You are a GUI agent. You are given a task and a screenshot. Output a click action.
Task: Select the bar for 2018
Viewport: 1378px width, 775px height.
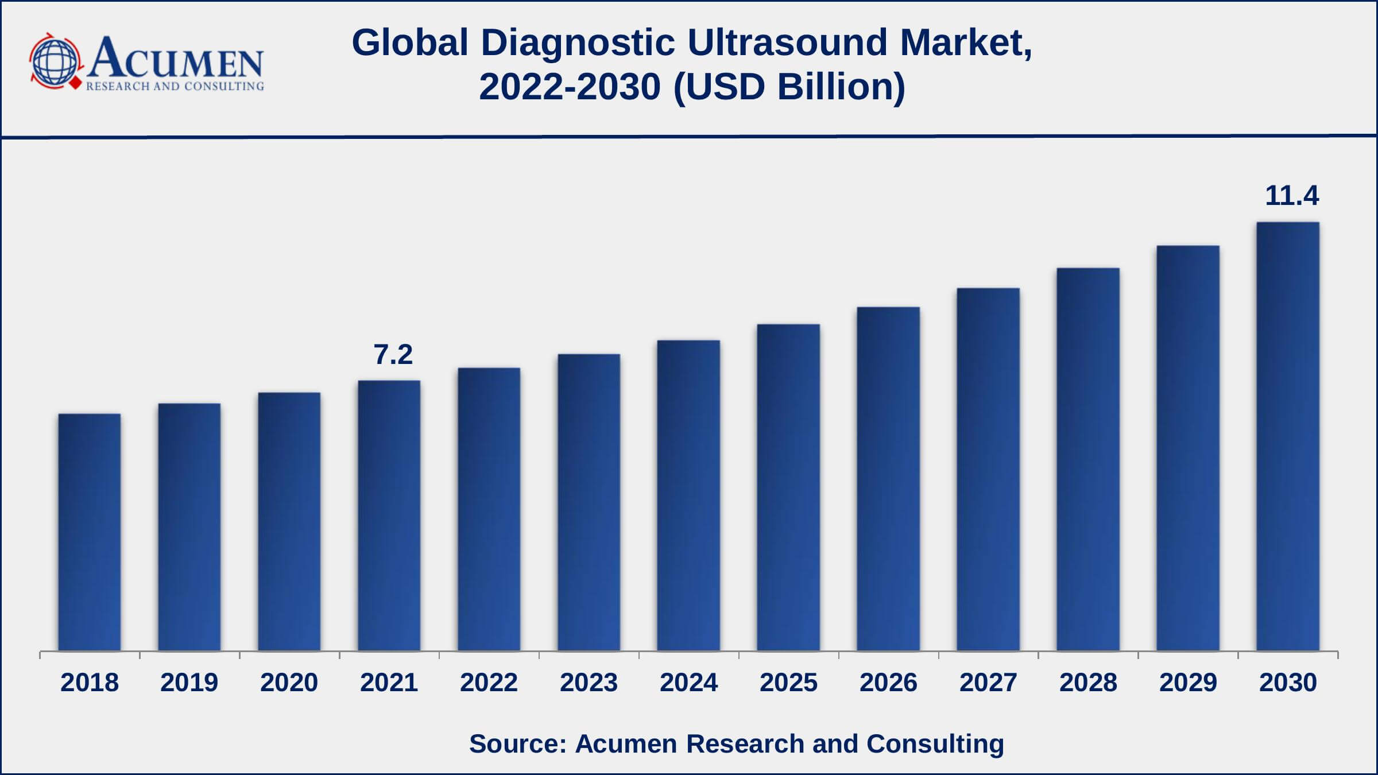coord(90,532)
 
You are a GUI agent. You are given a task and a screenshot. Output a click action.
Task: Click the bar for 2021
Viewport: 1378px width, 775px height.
coord(389,516)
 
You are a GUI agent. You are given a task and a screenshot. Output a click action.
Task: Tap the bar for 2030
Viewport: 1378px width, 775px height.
coord(1288,436)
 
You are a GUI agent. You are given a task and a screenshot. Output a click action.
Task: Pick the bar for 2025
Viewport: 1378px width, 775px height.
coord(788,487)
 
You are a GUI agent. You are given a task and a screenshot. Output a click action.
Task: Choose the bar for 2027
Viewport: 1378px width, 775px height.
coord(988,469)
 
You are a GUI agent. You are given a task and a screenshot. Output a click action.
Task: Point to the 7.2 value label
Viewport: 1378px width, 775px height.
coord(393,354)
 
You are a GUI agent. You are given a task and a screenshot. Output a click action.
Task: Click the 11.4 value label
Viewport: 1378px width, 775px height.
coord(1292,196)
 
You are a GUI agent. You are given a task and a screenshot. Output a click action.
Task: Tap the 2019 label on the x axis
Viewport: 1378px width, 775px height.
coord(189,683)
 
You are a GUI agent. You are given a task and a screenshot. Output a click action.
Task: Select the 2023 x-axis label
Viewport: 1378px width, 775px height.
coord(589,683)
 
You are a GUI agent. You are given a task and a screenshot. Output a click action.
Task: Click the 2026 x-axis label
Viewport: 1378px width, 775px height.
coord(888,683)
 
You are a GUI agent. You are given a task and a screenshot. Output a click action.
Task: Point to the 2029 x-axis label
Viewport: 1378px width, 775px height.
coord(1188,683)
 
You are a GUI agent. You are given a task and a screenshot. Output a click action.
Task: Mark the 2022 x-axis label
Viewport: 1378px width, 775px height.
coord(489,683)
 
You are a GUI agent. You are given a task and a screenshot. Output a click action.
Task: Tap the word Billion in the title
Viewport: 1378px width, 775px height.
coord(841,87)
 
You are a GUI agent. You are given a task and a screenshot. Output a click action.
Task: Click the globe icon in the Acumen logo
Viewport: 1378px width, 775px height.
coord(55,61)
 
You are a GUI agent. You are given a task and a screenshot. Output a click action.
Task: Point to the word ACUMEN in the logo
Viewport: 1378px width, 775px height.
coord(176,59)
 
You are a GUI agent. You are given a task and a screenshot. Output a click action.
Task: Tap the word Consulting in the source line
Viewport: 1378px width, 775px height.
coord(935,743)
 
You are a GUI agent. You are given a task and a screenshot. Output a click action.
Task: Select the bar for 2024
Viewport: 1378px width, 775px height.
coord(688,495)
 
